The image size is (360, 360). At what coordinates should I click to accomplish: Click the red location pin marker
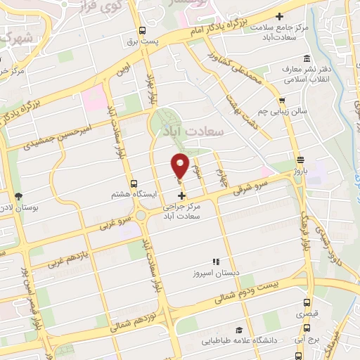click(x=180, y=166)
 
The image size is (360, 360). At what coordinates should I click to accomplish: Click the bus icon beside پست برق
click(x=143, y=31)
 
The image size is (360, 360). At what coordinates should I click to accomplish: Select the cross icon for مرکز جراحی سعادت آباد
click(x=181, y=195)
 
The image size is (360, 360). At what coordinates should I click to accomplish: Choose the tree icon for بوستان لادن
click(x=18, y=197)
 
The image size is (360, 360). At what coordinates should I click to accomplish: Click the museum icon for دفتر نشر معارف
click(x=306, y=59)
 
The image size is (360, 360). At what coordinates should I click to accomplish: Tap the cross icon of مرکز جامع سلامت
click(x=279, y=16)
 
